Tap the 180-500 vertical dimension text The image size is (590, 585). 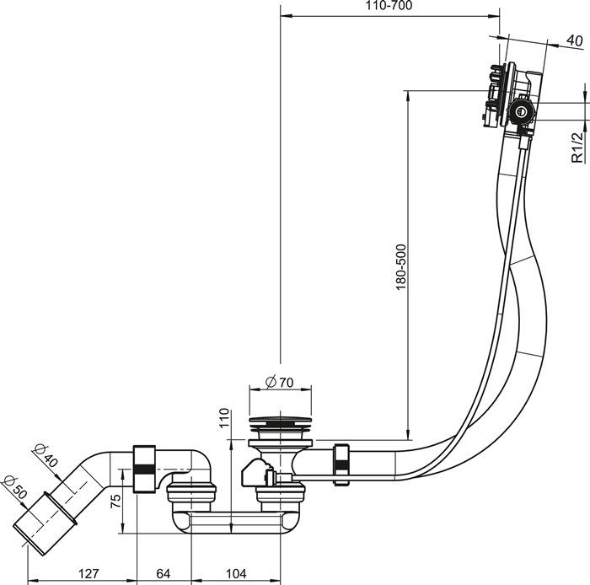tap(400, 267)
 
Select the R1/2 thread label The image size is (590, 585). tap(577, 146)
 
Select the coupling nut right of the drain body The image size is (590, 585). tap(343, 463)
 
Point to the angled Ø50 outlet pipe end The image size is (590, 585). tap(36, 526)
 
